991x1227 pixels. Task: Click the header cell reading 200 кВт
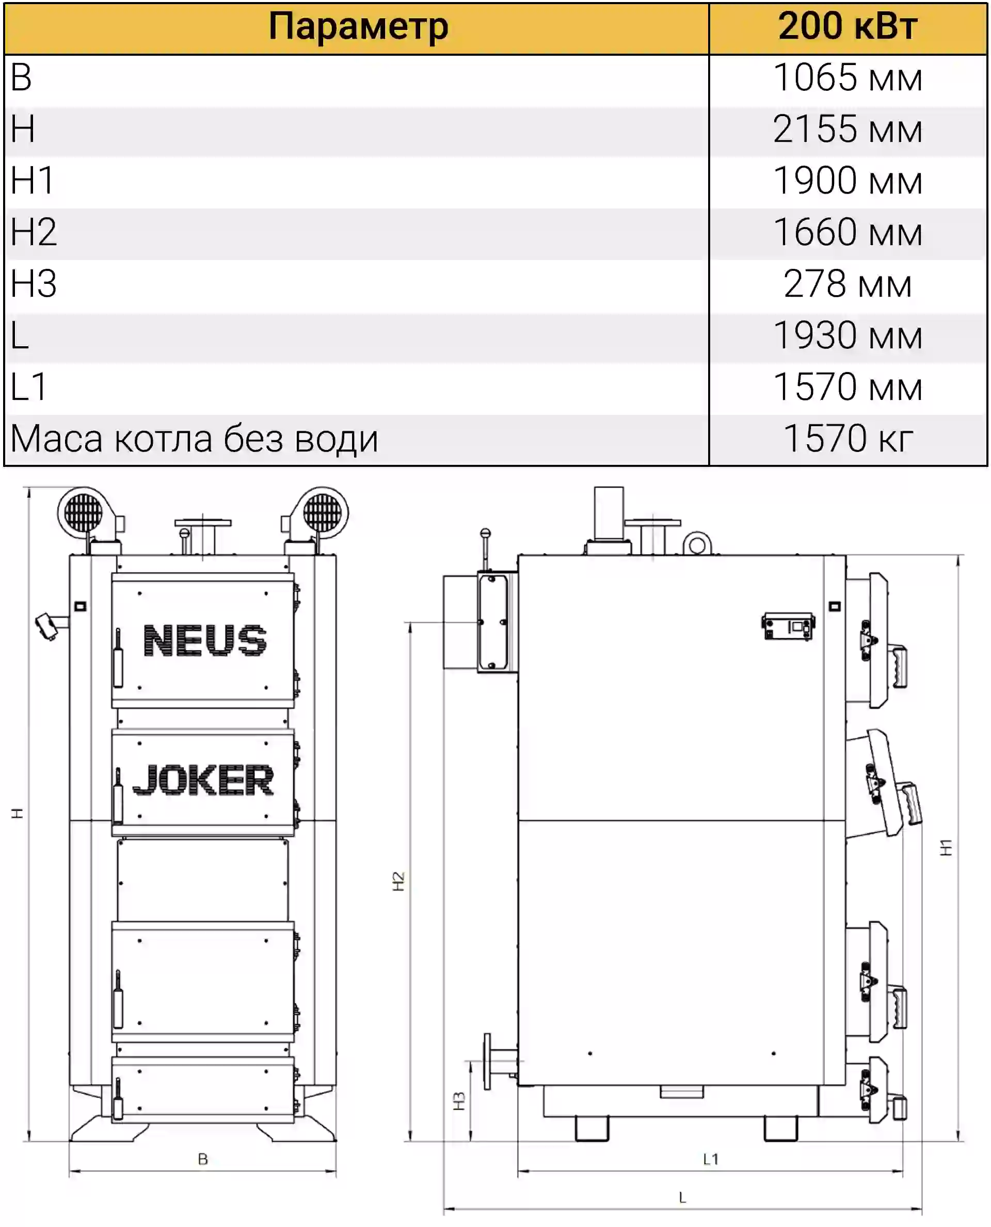tap(848, 26)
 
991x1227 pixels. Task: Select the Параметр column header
tap(359, 27)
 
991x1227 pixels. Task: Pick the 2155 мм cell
tap(848, 129)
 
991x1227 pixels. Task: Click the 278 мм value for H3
tap(848, 284)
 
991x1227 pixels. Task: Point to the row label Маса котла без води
tap(194, 439)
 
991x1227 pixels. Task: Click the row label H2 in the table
tap(34, 232)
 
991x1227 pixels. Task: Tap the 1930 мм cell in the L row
tap(848, 335)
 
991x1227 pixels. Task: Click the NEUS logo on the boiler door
tap(205, 640)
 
